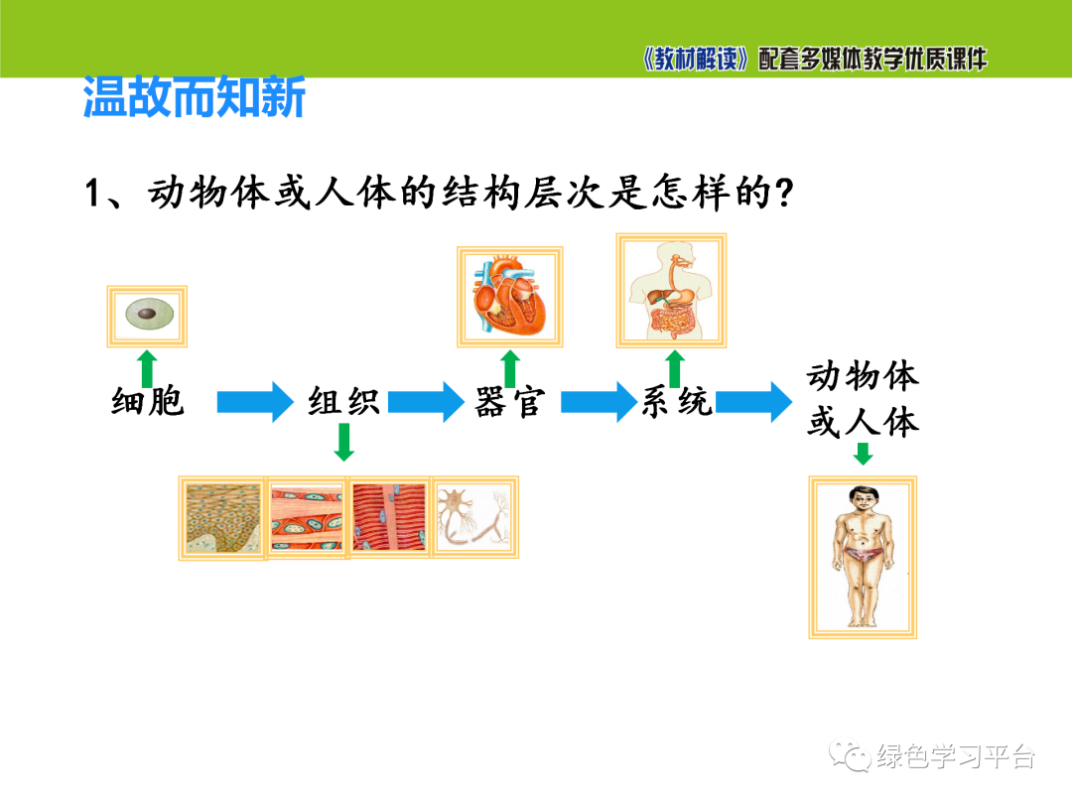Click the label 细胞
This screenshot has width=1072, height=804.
point(148,403)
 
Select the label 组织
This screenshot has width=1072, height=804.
point(343,403)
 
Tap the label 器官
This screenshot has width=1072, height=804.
point(509,403)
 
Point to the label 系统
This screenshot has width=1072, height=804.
point(677,403)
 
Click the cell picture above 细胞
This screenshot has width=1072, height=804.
point(148,317)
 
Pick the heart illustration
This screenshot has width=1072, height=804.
point(509,297)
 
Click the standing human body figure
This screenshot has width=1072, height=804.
point(862,555)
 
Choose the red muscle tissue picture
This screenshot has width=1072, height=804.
point(390,517)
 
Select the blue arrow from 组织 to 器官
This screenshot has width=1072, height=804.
point(427,402)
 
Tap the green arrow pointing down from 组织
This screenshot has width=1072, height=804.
point(343,443)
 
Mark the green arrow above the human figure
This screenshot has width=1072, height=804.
point(863,454)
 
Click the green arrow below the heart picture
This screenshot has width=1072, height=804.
point(510,368)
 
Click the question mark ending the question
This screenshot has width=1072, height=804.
point(783,194)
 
